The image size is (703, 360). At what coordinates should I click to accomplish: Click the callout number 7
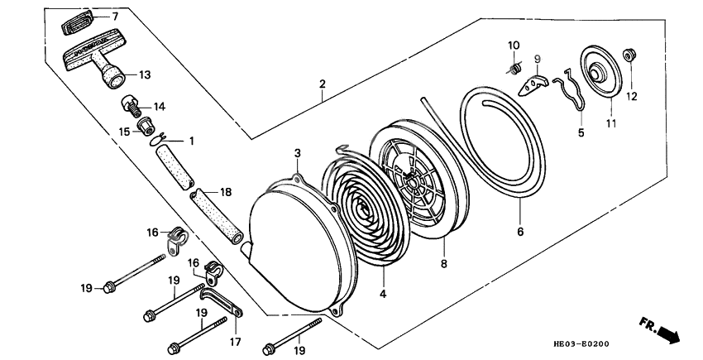tap(115, 17)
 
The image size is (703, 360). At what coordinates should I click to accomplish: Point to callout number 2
tap(322, 84)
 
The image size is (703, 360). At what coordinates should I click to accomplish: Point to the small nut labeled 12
tap(631, 56)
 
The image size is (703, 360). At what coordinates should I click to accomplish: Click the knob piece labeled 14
tap(131, 106)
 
